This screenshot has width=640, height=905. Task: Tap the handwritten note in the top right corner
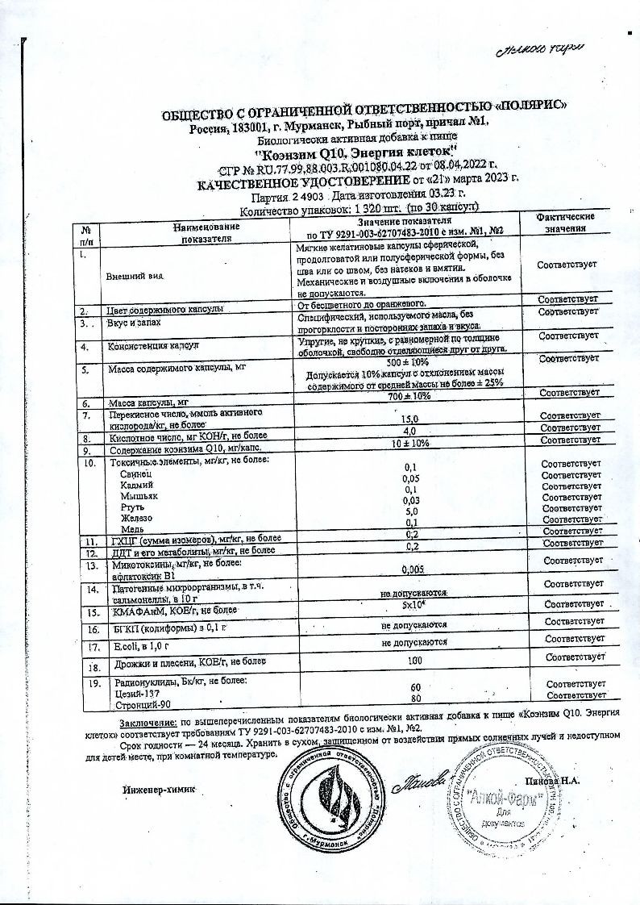coord(542,50)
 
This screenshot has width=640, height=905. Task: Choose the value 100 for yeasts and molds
coord(414,660)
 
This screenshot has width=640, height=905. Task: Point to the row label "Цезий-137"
coord(129,694)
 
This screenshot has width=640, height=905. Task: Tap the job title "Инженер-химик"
coord(159,787)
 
